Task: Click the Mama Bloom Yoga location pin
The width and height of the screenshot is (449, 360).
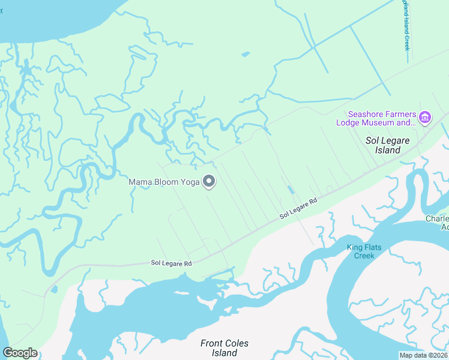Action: [x=209, y=181]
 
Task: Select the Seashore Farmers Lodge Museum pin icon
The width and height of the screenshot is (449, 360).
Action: [x=425, y=117]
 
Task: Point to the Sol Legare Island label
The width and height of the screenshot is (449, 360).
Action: [x=388, y=145]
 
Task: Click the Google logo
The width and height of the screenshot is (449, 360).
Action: [x=20, y=353]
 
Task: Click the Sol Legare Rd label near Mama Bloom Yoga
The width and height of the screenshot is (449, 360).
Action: [x=298, y=209]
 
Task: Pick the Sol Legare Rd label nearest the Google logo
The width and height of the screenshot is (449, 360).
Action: [x=171, y=263]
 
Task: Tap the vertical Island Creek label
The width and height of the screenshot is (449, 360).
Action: [x=406, y=25]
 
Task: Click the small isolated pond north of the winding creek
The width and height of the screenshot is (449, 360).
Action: [x=245, y=55]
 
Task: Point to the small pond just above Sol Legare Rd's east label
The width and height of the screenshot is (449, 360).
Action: [x=291, y=190]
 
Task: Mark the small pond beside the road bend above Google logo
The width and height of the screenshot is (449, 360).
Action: [x=54, y=290]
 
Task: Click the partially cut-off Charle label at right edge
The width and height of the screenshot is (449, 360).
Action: [x=437, y=223]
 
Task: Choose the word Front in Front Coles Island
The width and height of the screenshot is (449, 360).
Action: [x=211, y=344]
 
